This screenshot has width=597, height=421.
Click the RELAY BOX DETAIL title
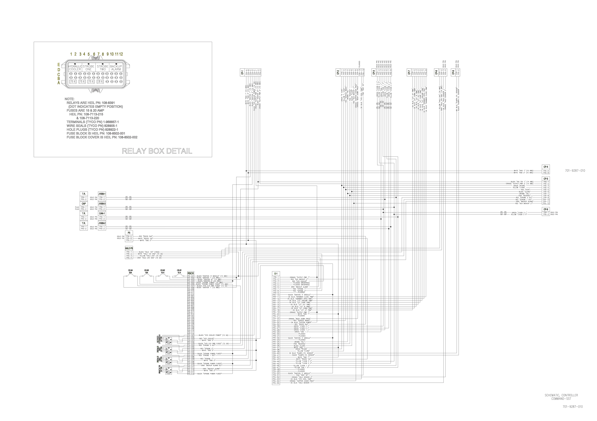pyautogui.click(x=157, y=151)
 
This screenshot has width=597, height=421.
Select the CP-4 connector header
pyautogui.click(x=546, y=167)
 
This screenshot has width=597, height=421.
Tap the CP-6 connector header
pyautogui.click(x=546, y=209)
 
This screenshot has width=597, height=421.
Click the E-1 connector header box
pyautogui.click(x=276, y=273)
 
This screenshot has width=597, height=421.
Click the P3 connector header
pyautogui.click(x=129, y=233)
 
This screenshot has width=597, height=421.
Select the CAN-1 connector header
pyautogui.click(x=102, y=214)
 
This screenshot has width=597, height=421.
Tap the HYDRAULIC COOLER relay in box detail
pyautogui.click(x=75, y=68)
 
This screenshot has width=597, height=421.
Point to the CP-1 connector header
pyautogui.click(x=242, y=72)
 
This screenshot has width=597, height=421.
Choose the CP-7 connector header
pyautogui.click(x=409, y=72)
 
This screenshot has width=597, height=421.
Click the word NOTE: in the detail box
pyautogui.click(x=69, y=99)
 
